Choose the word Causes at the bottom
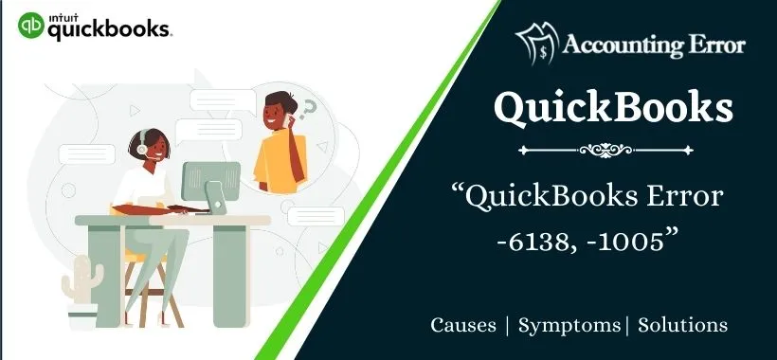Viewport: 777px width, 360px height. pyautogui.click(x=463, y=325)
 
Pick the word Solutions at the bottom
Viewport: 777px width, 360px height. pyautogui.click(x=682, y=325)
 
